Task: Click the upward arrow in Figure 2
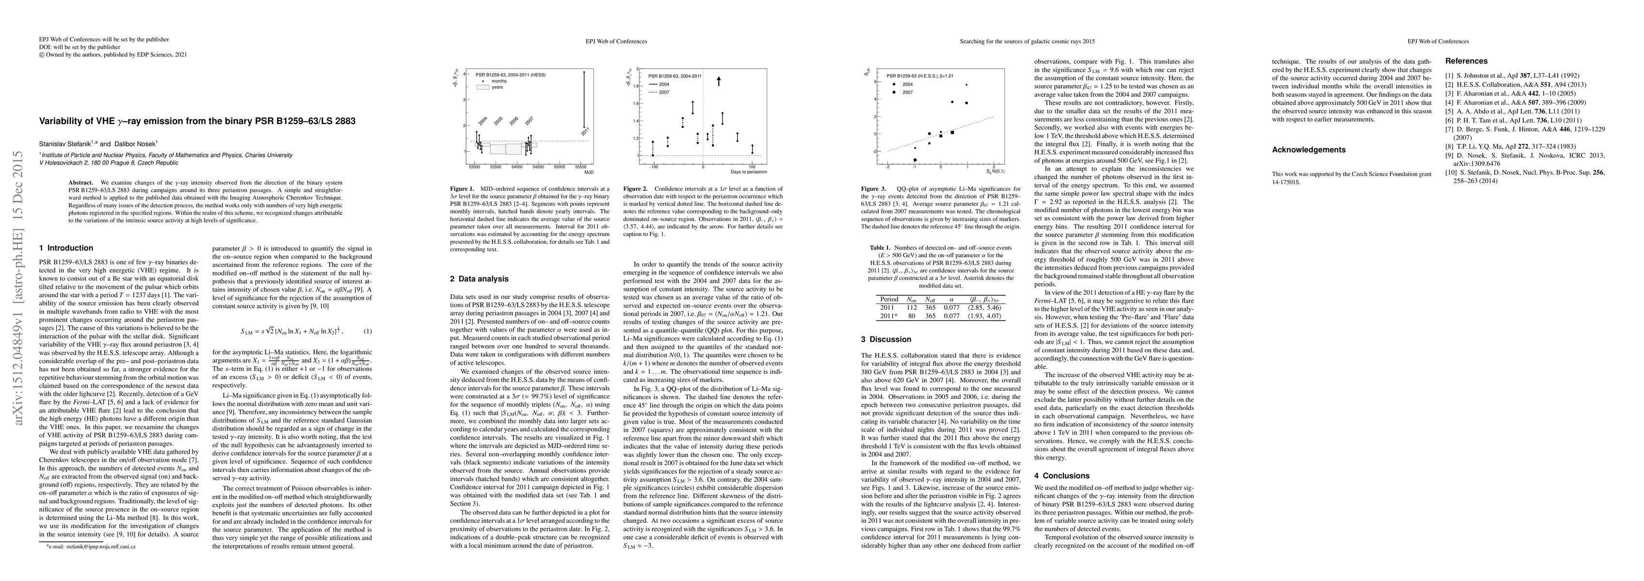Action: point(719,81)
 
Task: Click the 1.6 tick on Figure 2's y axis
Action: point(636,103)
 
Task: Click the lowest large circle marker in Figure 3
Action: point(915,160)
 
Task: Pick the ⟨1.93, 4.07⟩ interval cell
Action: point(985,316)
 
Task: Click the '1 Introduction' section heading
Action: point(66,248)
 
